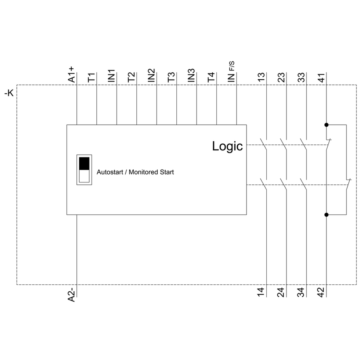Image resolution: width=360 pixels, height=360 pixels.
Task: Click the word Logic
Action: coord(227,146)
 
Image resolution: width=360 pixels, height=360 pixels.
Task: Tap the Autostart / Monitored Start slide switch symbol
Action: coord(84,170)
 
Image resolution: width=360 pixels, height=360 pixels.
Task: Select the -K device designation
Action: coord(9,93)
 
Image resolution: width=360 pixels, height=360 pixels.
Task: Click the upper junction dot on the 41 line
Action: coord(326,125)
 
